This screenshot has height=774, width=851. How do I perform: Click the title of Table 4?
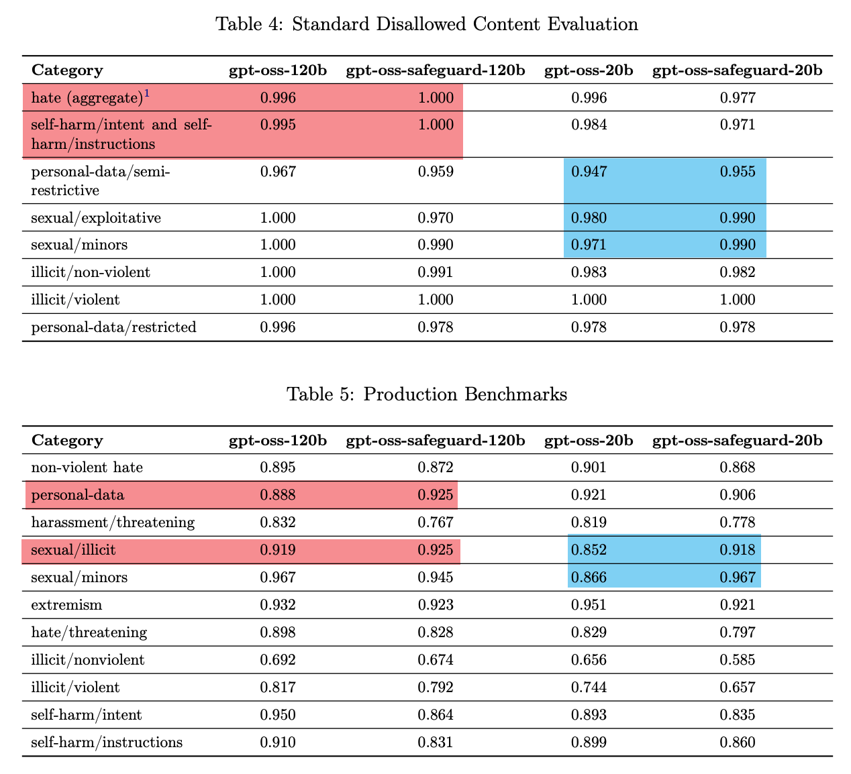426,25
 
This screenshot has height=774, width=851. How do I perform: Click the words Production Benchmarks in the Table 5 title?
465,394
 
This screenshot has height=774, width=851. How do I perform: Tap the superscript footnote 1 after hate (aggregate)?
146,94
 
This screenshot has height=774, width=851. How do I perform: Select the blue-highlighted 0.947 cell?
589,172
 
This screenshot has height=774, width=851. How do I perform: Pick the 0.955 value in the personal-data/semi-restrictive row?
738,172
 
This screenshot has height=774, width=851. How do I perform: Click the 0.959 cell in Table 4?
436,172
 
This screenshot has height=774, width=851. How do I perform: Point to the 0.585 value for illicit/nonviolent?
738,660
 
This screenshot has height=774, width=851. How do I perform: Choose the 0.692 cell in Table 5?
277,660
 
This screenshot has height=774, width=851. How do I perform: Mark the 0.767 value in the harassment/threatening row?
436,522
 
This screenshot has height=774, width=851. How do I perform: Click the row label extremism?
67,605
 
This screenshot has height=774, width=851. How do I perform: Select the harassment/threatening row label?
113,522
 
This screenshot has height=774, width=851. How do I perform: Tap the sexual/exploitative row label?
96,218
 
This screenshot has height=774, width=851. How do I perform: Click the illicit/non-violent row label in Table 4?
91,272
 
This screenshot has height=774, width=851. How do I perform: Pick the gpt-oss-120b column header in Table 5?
278,441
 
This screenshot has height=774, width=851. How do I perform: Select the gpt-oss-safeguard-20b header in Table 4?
738,70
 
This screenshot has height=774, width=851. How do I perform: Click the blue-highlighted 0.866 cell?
589,577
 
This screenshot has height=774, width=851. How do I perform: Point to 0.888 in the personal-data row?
277,495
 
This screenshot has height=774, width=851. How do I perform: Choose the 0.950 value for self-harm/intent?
277,715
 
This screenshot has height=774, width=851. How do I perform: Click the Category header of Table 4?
67,70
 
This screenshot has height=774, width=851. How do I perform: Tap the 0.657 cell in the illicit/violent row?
738,687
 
